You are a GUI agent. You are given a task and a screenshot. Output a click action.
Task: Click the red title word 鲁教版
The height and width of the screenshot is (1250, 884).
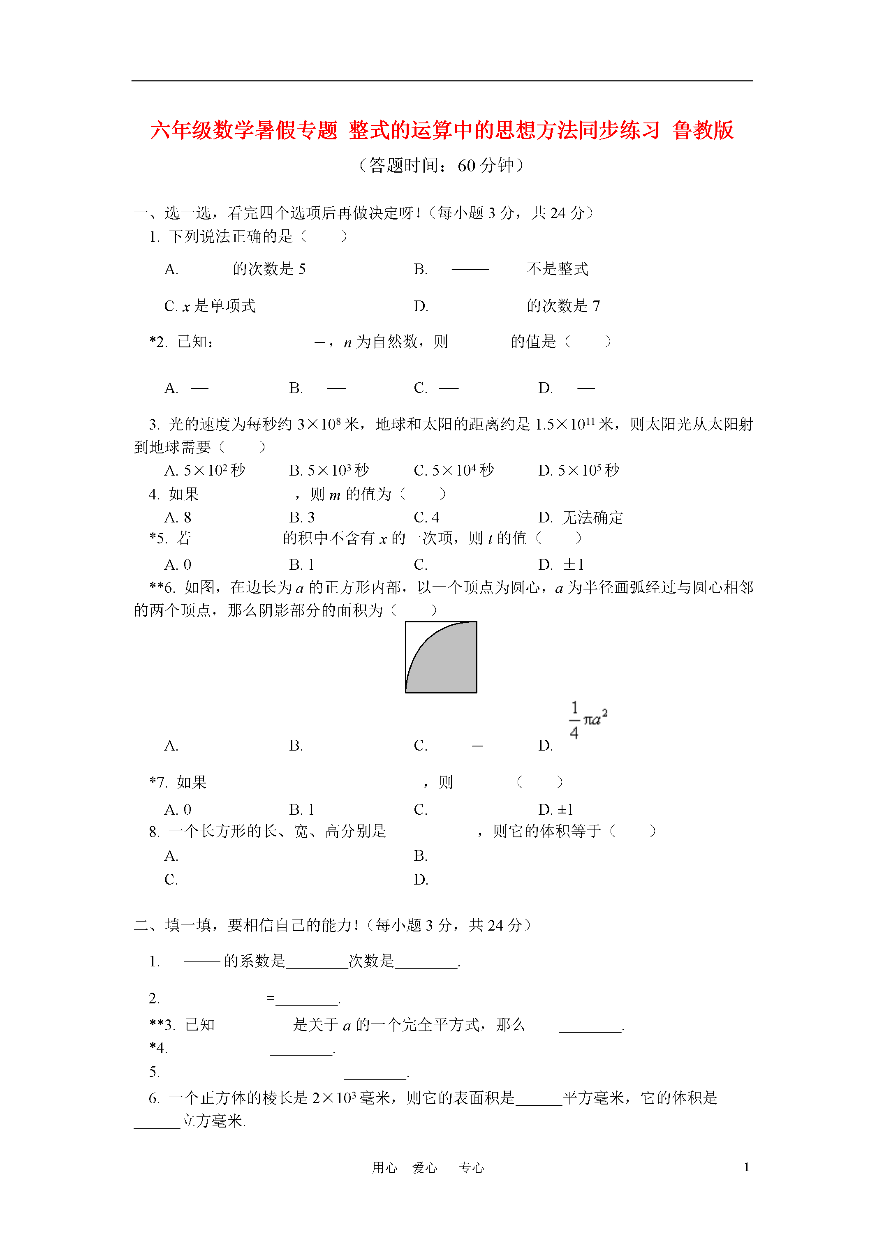(703, 131)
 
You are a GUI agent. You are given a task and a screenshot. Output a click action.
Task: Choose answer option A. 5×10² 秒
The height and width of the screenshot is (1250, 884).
(205, 470)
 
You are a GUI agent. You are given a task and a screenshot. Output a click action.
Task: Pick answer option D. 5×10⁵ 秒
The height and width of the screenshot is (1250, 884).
(579, 470)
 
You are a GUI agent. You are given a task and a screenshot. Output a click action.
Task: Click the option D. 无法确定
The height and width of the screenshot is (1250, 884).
(581, 517)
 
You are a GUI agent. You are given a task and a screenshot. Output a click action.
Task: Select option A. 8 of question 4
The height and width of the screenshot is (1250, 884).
(178, 517)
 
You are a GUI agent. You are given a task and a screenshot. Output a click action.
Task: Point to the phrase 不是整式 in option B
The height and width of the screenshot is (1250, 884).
(557, 269)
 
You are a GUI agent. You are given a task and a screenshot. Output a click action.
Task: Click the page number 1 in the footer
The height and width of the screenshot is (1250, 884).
(746, 1167)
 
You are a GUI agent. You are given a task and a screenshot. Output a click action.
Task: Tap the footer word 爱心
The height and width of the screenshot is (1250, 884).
(424, 1168)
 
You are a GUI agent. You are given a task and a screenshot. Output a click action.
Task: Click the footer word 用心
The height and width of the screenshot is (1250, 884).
(384, 1168)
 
